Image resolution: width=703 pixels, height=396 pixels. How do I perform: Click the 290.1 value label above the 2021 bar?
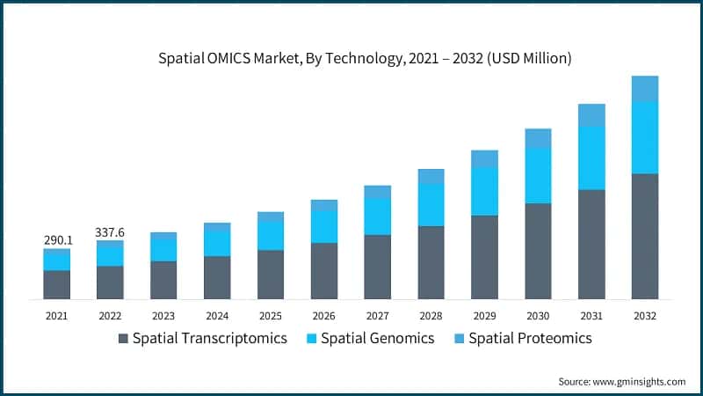point(57,239)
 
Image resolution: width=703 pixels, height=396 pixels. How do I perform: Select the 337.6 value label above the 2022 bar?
point(111,232)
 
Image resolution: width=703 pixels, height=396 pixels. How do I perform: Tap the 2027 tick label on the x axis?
point(377,315)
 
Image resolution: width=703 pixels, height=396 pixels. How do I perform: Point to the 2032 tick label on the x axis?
point(644,315)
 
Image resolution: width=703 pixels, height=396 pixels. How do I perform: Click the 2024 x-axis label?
point(217,315)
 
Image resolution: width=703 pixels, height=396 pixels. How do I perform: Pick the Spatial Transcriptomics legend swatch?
point(123,338)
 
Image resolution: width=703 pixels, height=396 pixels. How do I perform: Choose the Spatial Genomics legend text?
point(377,338)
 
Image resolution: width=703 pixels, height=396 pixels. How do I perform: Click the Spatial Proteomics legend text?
point(530,338)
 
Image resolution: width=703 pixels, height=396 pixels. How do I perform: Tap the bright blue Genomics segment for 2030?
point(538,176)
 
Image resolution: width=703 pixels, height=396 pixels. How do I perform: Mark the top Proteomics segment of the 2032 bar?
point(644,88)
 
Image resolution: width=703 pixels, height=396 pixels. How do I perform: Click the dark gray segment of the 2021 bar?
point(57,284)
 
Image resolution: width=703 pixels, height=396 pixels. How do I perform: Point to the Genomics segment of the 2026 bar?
point(324,226)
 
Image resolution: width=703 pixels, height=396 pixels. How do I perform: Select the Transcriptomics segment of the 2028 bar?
point(431,262)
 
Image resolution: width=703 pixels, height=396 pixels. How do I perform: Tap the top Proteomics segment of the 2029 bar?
point(484,158)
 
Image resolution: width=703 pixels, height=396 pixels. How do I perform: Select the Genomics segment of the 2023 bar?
point(163,250)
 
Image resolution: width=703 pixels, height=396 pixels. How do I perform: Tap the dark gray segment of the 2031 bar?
point(591,244)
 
